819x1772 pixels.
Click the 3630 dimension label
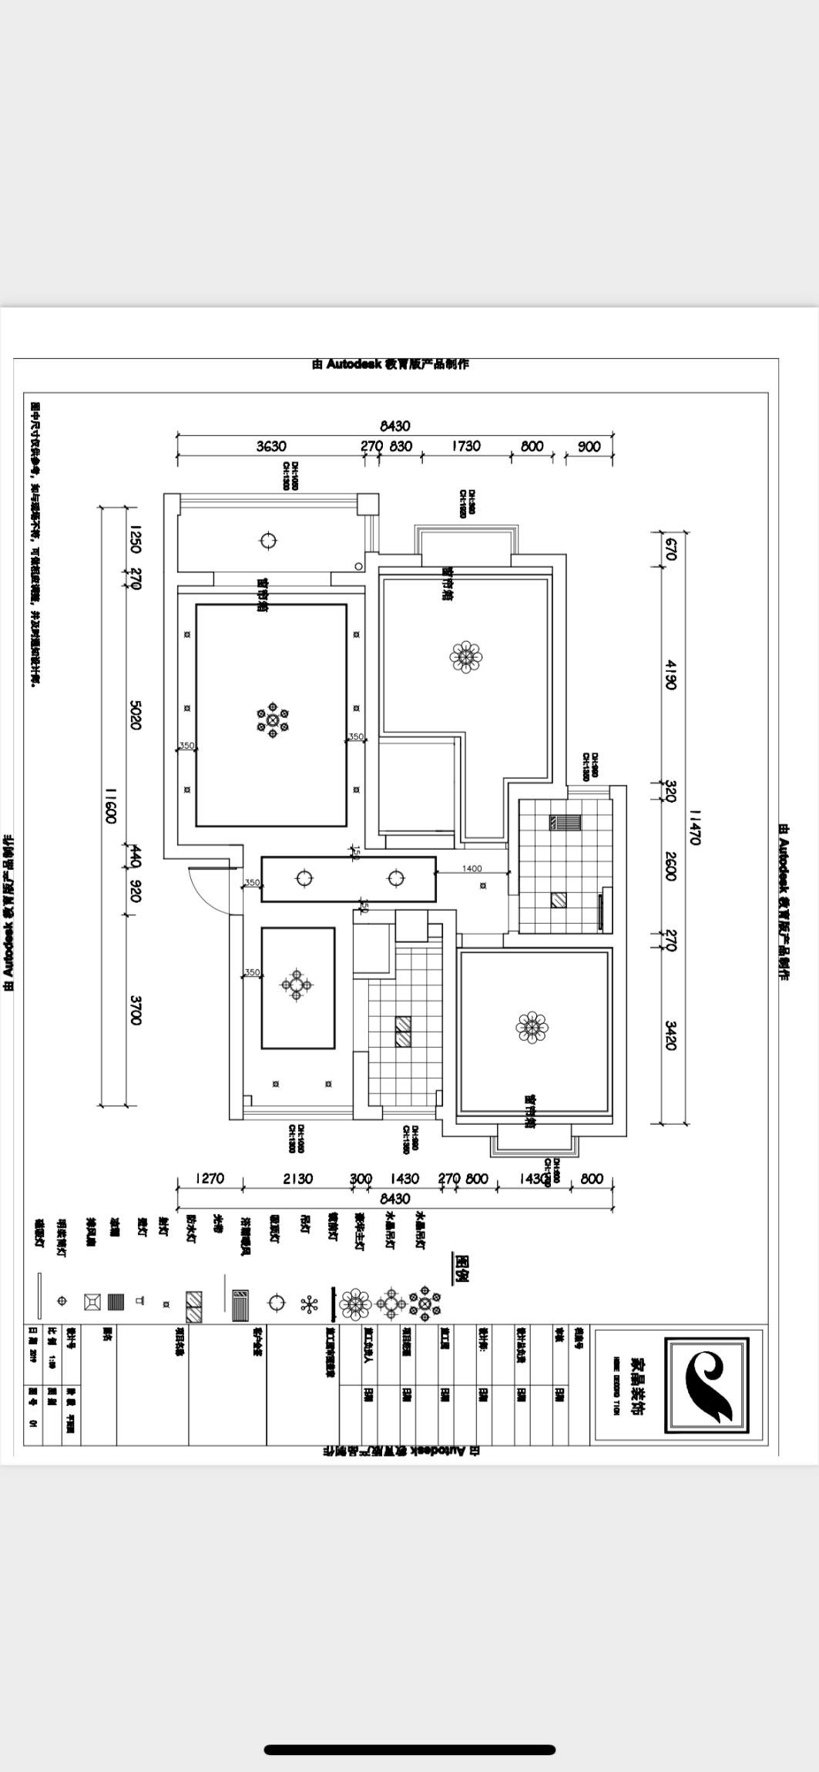[270, 446]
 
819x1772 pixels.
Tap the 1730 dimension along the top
[465, 446]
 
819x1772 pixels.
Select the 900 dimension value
[589, 447]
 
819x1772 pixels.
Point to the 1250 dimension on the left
[136, 539]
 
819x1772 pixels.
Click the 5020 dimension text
[136, 716]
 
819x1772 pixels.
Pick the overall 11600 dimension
[110, 805]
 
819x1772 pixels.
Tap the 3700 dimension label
[136, 1010]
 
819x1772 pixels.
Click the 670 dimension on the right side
[670, 548]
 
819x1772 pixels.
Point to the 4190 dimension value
[670, 674]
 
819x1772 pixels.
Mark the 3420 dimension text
[670, 1035]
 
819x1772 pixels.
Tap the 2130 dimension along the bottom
[297, 1178]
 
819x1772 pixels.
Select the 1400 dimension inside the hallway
[472, 868]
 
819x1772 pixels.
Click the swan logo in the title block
[707, 1384]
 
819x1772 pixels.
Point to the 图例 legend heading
[462, 1266]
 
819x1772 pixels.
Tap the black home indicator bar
[409, 1728]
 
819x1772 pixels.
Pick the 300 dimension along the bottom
[361, 1179]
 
